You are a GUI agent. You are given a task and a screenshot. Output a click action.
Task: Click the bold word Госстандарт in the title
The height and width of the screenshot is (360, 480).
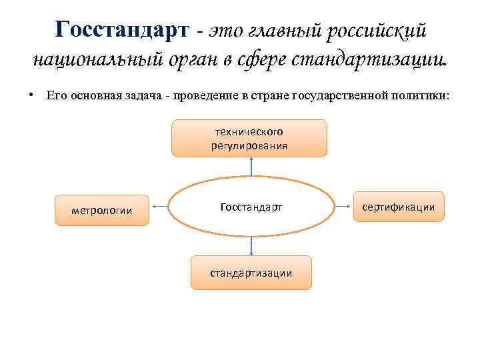[123, 29]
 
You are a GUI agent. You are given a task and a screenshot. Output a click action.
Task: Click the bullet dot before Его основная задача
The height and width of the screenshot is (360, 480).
[31, 95]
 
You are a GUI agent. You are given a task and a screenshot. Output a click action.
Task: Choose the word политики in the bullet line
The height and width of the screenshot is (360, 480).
[424, 96]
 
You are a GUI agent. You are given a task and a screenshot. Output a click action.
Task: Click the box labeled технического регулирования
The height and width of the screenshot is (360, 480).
[249, 138]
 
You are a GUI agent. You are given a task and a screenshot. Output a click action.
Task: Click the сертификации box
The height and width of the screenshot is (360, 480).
[398, 207]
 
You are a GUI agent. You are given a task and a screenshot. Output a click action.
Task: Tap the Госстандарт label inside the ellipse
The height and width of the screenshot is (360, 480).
[251, 207]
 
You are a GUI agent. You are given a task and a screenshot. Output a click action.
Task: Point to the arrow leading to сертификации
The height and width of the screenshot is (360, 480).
[343, 207]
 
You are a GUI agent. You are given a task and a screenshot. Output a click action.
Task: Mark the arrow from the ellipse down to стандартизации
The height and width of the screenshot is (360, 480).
[251, 247]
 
